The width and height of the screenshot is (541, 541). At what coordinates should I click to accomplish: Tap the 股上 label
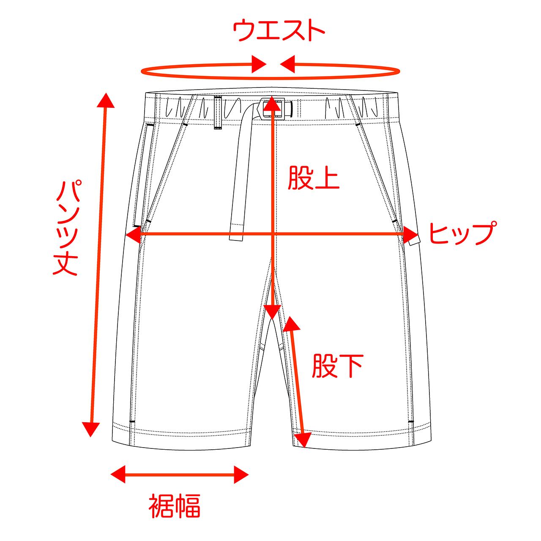(x=314, y=178)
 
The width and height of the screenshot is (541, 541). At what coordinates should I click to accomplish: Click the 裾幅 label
(x=174, y=506)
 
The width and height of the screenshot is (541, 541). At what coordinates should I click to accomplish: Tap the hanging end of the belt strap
(x=237, y=230)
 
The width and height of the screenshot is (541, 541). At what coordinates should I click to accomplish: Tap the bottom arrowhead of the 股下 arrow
(x=301, y=440)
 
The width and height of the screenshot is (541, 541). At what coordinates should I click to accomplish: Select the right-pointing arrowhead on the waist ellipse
(x=259, y=64)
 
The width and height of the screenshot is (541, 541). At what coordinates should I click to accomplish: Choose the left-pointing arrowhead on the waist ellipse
(x=287, y=64)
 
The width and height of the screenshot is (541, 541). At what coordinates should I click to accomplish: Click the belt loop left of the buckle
(x=218, y=113)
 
